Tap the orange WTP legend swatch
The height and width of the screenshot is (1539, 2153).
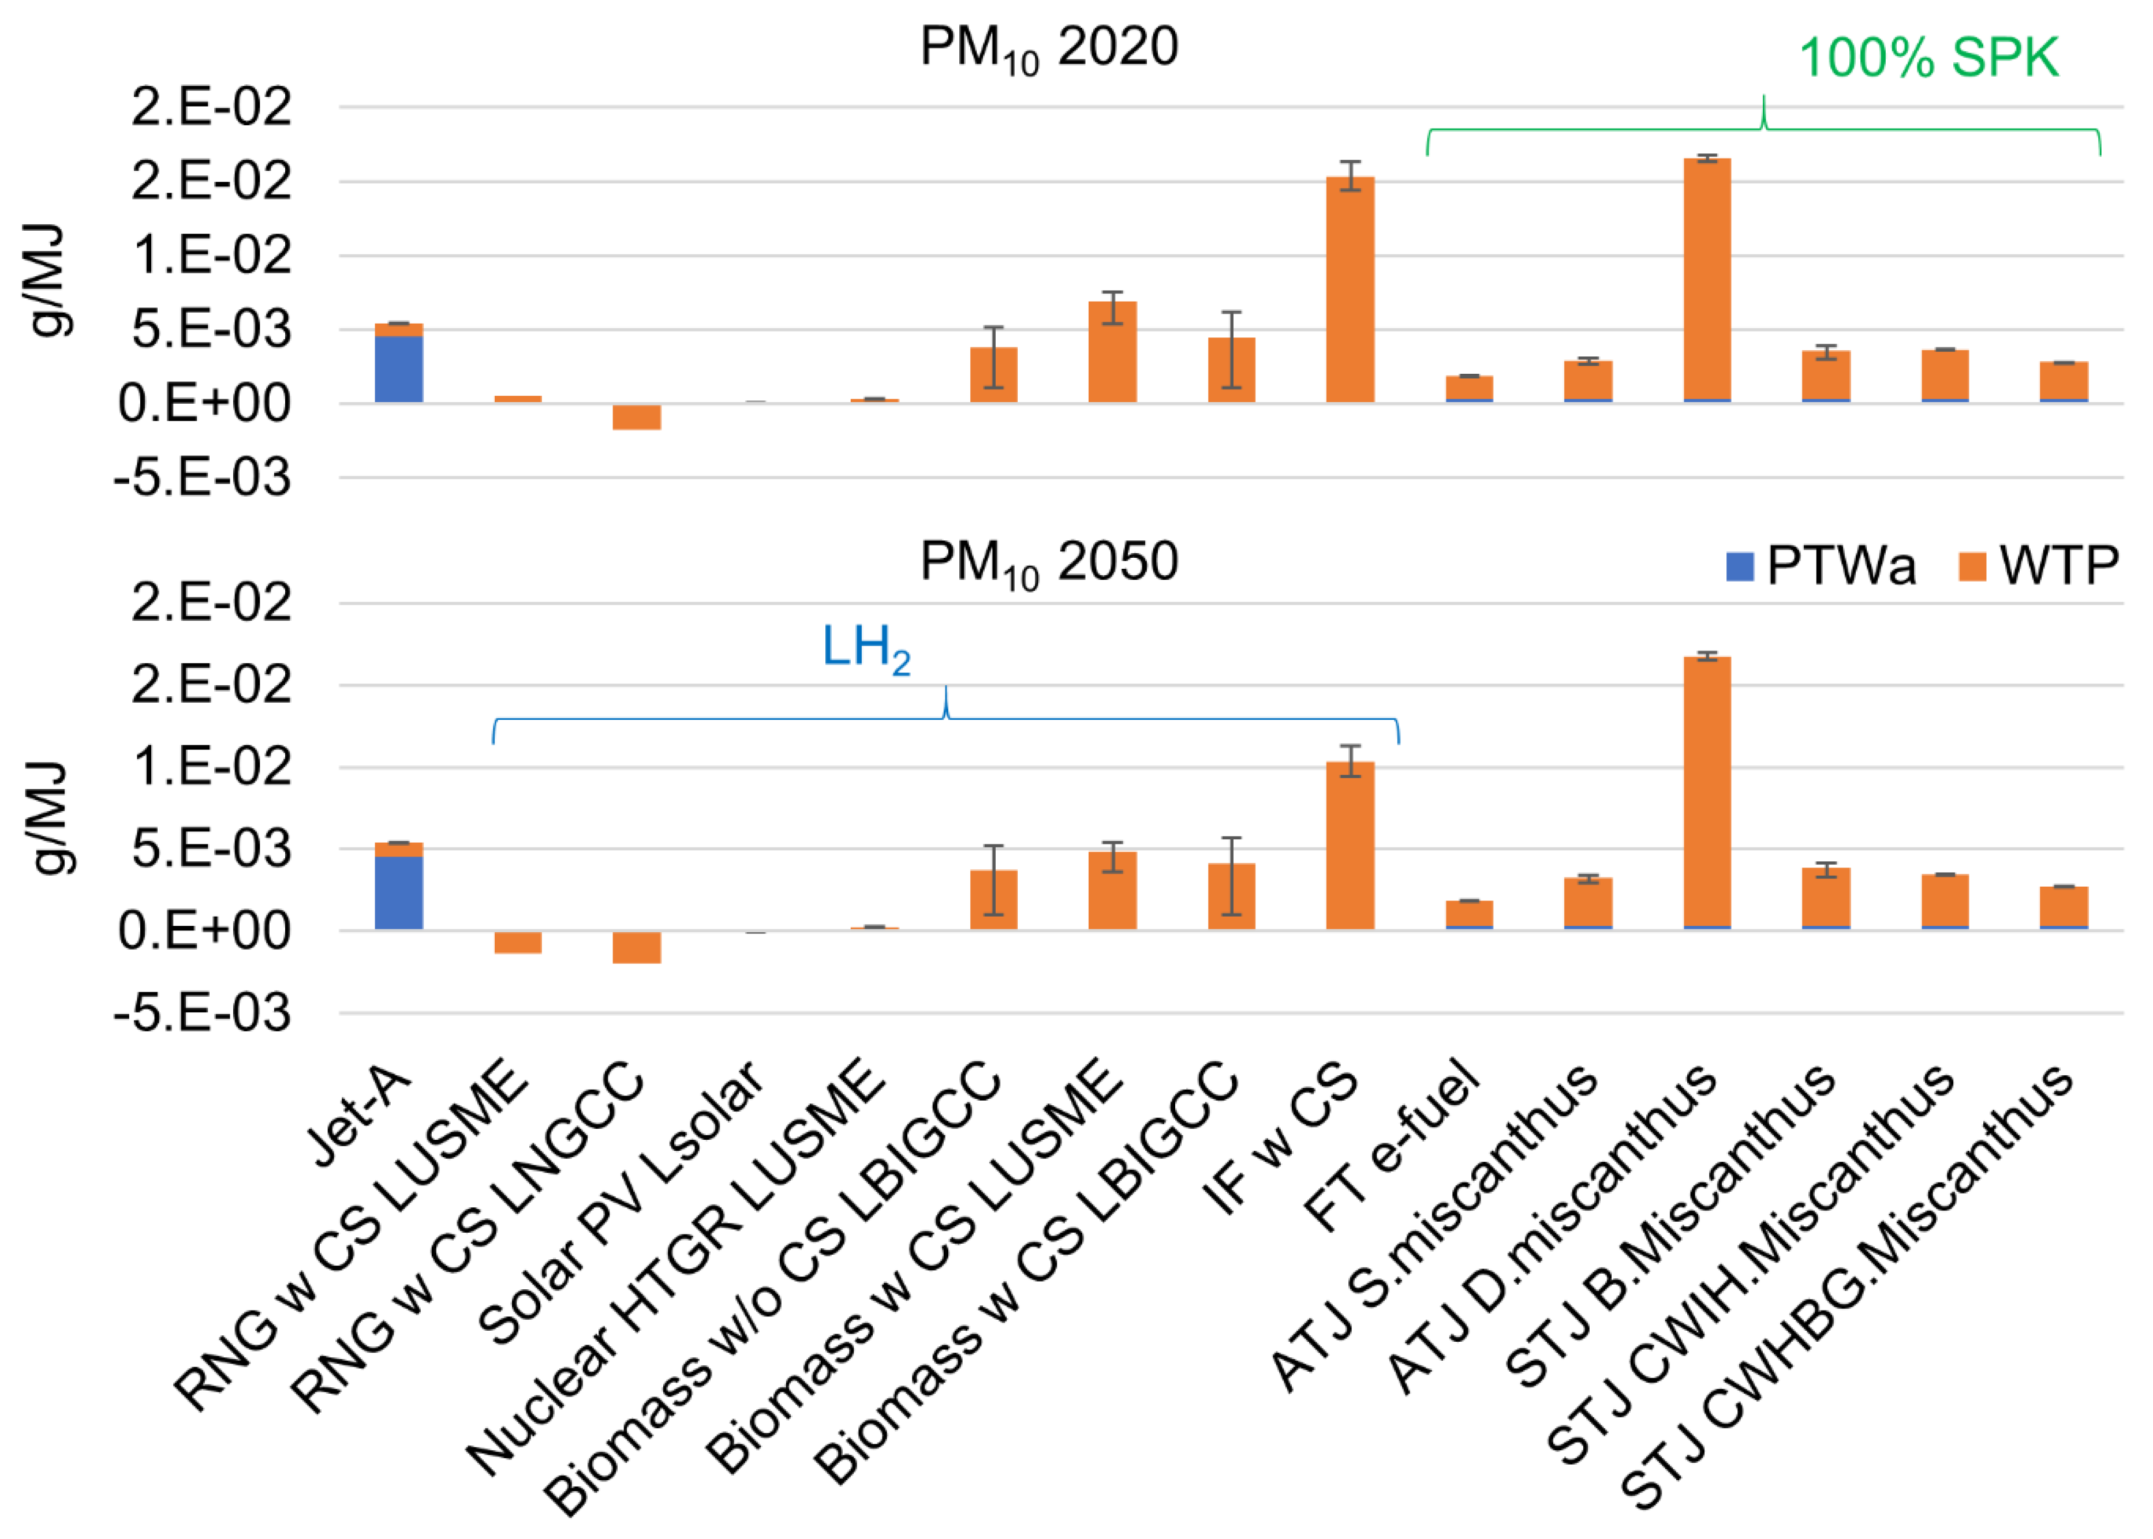coord(1971,566)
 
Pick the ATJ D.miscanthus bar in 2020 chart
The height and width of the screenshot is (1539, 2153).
coord(1706,280)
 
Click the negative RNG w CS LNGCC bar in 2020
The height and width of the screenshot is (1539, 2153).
coord(636,417)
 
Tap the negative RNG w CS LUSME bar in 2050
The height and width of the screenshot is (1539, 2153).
coord(518,942)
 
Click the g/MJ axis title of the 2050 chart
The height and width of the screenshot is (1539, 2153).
coord(47,817)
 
